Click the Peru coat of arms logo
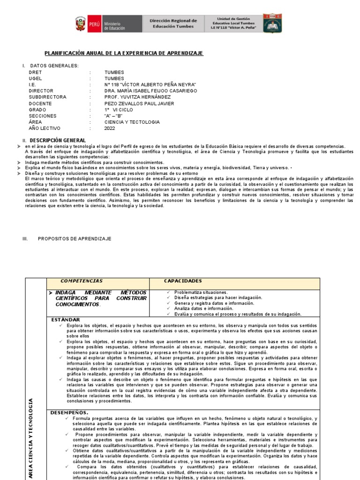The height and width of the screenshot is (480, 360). [x=81, y=23]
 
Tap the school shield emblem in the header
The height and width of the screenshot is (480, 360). [x=272, y=23]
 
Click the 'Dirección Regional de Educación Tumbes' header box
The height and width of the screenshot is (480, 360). [x=173, y=23]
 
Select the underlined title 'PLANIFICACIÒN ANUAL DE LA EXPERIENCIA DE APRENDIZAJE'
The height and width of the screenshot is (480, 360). [x=124, y=53]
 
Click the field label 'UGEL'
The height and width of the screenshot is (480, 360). [x=35, y=79]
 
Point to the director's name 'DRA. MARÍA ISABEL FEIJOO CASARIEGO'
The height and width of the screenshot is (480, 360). [x=150, y=91]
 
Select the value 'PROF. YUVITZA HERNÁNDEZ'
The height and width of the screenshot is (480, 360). [x=137, y=97]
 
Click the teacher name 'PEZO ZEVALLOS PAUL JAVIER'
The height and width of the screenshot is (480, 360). [x=139, y=104]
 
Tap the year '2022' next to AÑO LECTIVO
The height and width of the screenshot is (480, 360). [x=110, y=128]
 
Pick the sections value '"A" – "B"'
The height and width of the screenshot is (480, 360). [x=113, y=116]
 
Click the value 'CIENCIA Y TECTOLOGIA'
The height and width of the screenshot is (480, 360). [x=132, y=122]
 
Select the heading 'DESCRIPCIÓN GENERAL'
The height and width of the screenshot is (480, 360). [x=58, y=140]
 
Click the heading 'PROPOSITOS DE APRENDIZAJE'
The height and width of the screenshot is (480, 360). [x=75, y=239]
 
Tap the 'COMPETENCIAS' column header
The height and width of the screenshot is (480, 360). [x=82, y=281]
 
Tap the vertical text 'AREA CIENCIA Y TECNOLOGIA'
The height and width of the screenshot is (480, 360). [x=31, y=438]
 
